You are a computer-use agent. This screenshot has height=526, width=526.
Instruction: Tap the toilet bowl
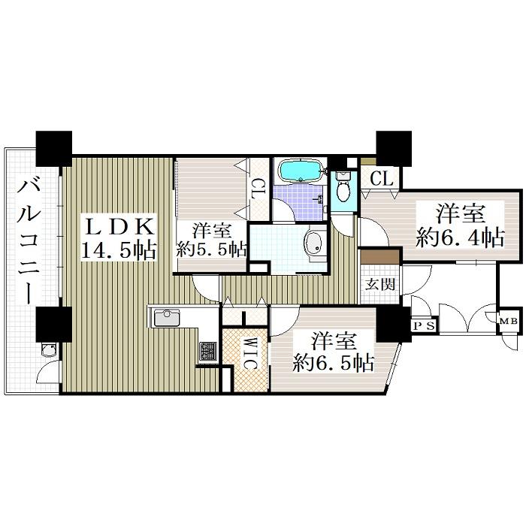coord(343,188)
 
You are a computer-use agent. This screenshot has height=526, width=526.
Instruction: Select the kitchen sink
coord(167,318)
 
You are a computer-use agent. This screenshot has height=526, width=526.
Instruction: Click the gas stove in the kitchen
coord(208,351)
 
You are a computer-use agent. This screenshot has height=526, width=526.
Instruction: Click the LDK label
coord(119,228)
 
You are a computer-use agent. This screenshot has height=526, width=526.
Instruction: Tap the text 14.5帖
coord(119,250)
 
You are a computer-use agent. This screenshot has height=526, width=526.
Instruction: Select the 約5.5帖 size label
coord(212,249)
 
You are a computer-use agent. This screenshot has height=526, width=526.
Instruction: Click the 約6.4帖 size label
coord(460,238)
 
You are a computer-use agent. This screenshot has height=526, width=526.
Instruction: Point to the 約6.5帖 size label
coord(334,363)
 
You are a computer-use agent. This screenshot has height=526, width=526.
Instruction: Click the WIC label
coord(249,353)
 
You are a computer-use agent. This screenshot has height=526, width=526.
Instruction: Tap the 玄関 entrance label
coord(380,285)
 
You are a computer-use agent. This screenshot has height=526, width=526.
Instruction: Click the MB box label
coord(509,322)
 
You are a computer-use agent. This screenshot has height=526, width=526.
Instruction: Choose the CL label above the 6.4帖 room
coord(382,178)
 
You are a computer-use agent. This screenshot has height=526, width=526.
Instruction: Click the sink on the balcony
coord(48,350)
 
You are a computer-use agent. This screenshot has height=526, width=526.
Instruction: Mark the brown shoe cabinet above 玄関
coord(379,257)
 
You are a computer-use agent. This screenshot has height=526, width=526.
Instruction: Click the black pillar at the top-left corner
coord(54,148)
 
